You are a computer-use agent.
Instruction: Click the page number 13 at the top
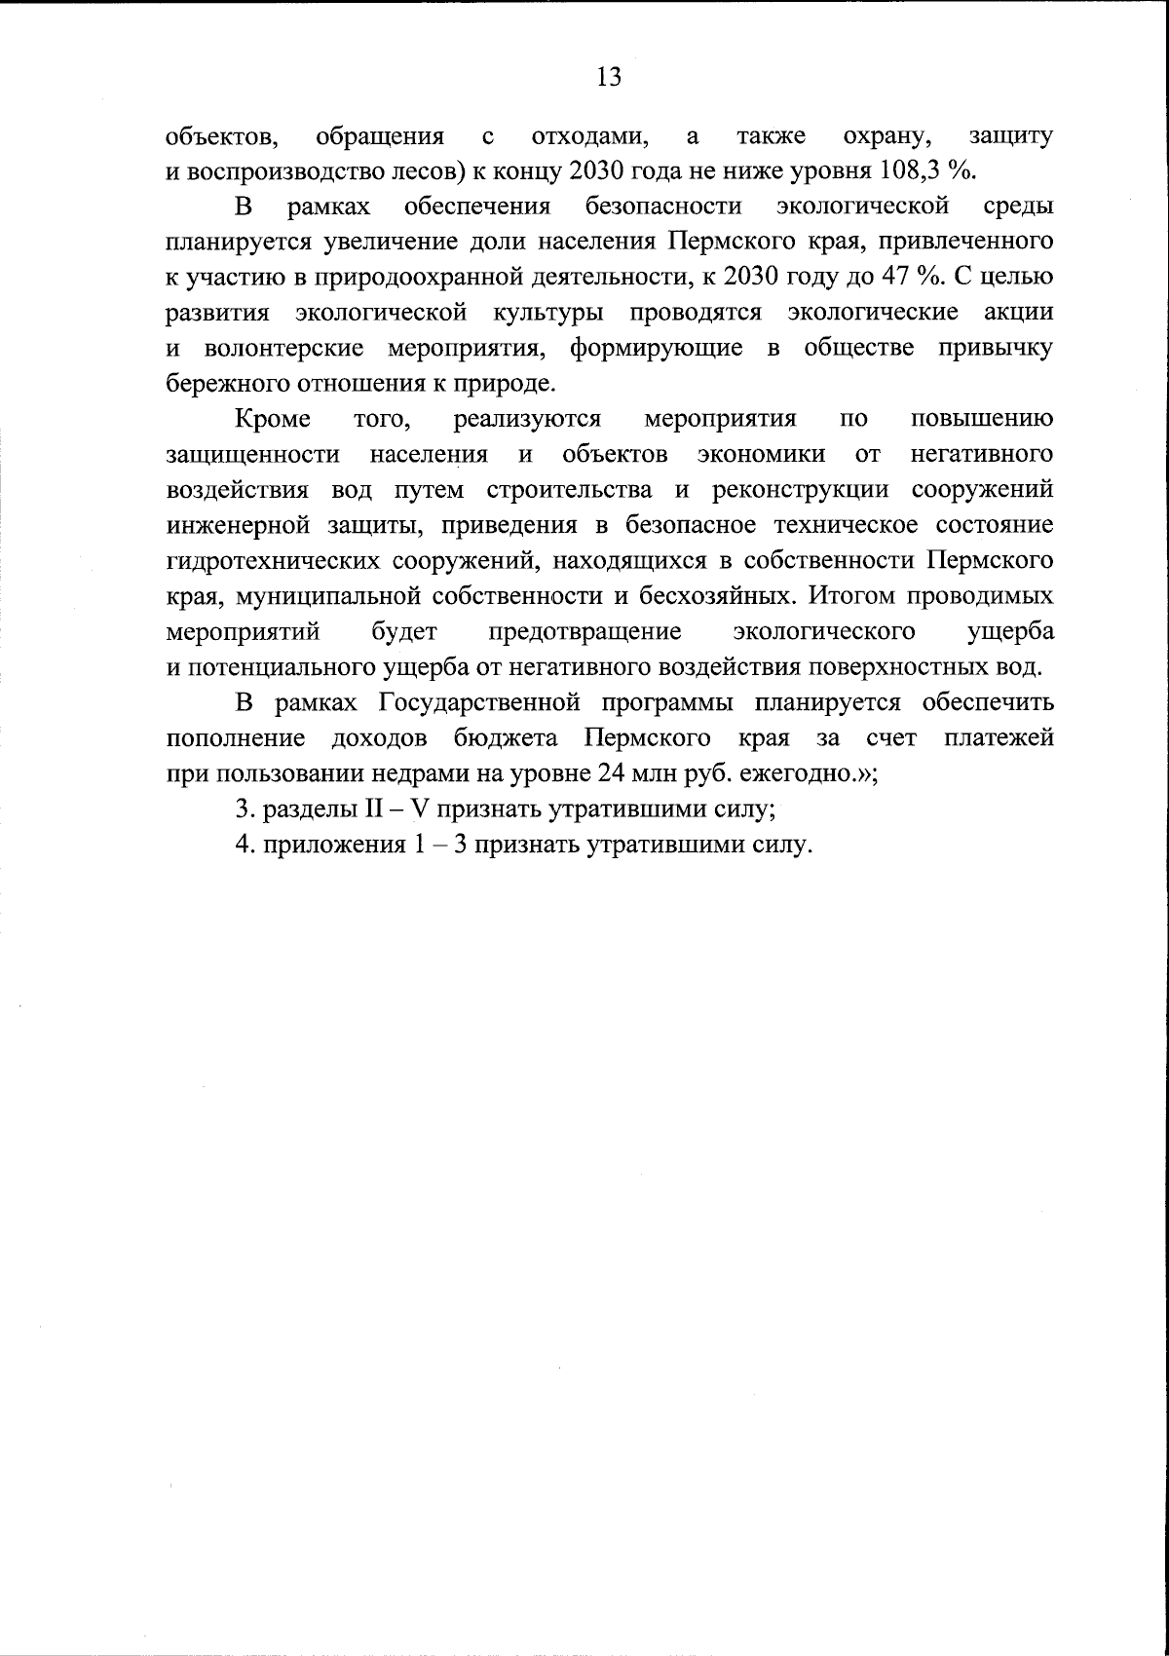pos(608,77)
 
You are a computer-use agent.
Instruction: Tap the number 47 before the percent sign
pos(897,277)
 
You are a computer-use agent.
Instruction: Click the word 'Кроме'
pos(273,419)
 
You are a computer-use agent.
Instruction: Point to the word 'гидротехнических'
pos(274,561)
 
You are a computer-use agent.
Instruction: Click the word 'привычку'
pos(995,348)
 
